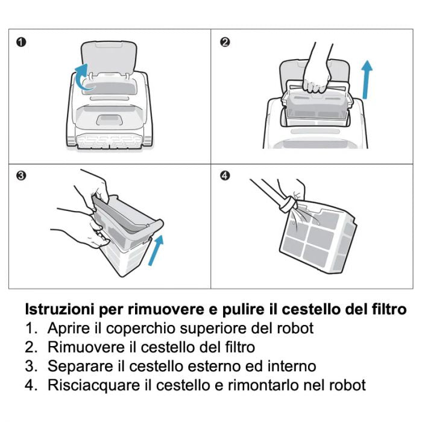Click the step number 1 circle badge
21,42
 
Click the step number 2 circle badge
225,42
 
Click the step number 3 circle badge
21,176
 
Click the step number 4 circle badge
225,176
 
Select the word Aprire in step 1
65,329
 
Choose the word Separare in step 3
76,366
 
